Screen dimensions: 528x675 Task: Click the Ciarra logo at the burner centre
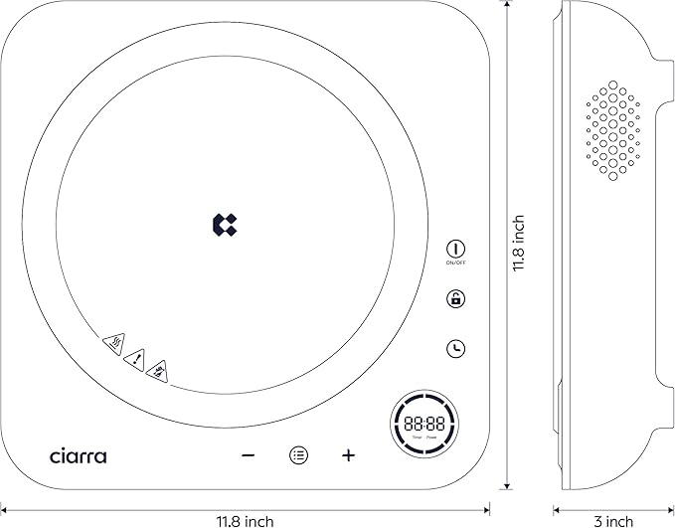click(225, 225)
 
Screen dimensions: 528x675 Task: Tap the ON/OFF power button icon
click(456, 248)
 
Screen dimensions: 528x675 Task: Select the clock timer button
click(456, 348)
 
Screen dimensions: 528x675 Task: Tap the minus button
click(249, 455)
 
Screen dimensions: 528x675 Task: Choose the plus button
click(348, 455)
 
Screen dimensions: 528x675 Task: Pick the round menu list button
click(298, 455)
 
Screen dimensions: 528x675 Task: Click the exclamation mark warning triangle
click(137, 355)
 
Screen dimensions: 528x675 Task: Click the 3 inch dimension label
click(613, 520)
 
